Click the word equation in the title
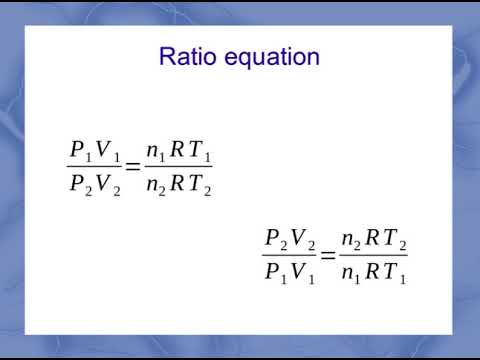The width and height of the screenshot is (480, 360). [268, 57]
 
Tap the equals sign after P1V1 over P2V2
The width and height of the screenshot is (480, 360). [133, 166]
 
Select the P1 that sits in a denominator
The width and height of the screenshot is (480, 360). [275, 272]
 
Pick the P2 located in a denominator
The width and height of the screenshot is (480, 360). [80, 185]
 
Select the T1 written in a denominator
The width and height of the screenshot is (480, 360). [397, 272]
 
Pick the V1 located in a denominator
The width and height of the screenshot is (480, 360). [303, 272]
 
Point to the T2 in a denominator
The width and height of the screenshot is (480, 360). [202, 185]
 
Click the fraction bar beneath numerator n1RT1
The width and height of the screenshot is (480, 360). [178, 167]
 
